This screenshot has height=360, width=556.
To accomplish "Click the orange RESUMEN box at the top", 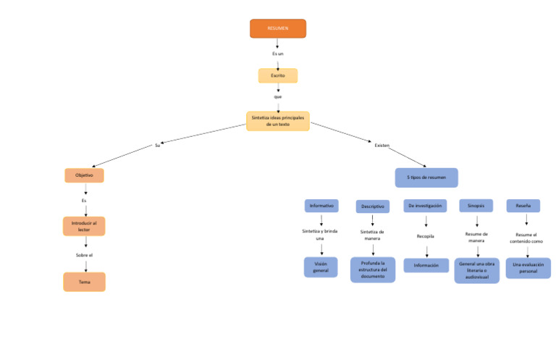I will coord(278,28).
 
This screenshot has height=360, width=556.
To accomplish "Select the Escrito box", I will coord(278,75).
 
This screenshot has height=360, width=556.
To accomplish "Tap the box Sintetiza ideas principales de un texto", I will coord(278,120).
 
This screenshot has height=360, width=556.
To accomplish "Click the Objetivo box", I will coord(84,175).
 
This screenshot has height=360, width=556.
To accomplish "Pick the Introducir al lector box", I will coord(84,226).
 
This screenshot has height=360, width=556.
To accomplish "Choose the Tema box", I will coord(84,282).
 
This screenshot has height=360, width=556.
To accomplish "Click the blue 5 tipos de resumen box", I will coord(426,177).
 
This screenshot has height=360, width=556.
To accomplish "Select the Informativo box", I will coord(321,206).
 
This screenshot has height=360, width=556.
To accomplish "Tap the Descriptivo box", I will coord(373,206).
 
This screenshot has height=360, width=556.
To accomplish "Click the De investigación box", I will coord(425,206).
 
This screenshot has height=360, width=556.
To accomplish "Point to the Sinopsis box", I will coord(476,206).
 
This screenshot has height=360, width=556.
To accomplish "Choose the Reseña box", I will coord(523,206).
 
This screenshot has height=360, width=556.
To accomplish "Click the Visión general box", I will coord(321,267).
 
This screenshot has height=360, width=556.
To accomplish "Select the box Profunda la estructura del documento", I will coord(373,269).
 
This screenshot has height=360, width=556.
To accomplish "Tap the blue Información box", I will coord(426,265).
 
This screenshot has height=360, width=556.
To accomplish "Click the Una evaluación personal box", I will coord(528,268).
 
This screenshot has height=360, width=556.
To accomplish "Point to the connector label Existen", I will coord(382,146).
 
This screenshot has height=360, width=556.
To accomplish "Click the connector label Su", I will coord(157,146).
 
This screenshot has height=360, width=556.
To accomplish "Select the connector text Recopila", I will coord(425,236).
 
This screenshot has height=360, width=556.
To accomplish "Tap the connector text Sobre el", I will coord(84,255).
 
